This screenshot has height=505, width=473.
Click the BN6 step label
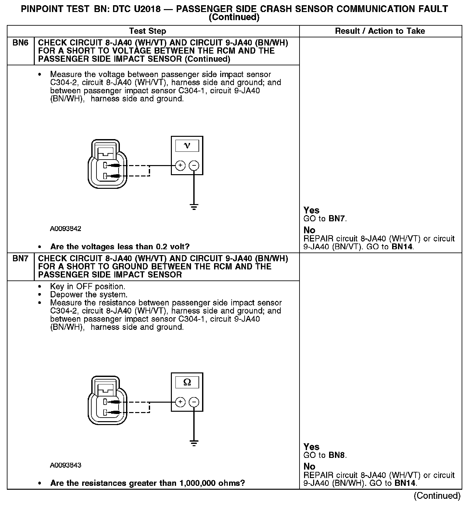point(20,43)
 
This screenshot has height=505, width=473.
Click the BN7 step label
point(20,259)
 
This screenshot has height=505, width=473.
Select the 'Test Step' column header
point(147,31)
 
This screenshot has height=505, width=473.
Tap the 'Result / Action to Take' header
point(380,31)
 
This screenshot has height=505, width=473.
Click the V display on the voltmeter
point(187,145)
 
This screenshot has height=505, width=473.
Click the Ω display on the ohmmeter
point(187,382)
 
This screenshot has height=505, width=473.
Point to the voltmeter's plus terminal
point(180,166)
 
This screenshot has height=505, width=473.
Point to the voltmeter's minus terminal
point(194,166)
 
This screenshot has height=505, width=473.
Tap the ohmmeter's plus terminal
point(180,402)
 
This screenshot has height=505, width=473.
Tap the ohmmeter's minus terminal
point(194,402)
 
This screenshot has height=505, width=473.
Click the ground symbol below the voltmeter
point(194,207)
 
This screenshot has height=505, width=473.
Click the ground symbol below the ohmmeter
point(194,443)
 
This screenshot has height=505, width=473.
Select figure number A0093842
point(66,229)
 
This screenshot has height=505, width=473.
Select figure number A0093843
point(66,465)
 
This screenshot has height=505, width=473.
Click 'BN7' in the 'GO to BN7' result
point(337,219)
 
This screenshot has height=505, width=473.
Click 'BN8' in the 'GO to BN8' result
point(337,455)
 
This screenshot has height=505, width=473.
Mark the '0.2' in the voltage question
point(162,247)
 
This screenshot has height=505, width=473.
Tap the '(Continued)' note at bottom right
point(437,496)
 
